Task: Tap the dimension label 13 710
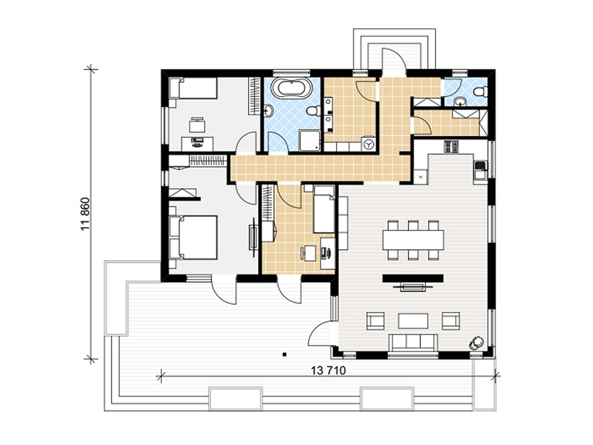click(328, 371)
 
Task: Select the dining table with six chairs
click(413, 240)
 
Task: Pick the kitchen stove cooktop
click(451, 147)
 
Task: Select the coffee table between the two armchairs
click(413, 321)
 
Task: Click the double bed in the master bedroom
click(193, 237)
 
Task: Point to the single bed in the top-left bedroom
click(193, 88)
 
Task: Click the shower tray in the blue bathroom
click(310, 140)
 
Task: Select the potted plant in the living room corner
click(476, 344)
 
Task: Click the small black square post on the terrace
click(284, 355)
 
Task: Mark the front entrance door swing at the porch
click(394, 61)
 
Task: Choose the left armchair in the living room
click(375, 321)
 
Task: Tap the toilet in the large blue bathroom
click(313, 111)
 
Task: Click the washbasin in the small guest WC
click(460, 102)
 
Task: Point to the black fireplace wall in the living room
click(413, 278)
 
